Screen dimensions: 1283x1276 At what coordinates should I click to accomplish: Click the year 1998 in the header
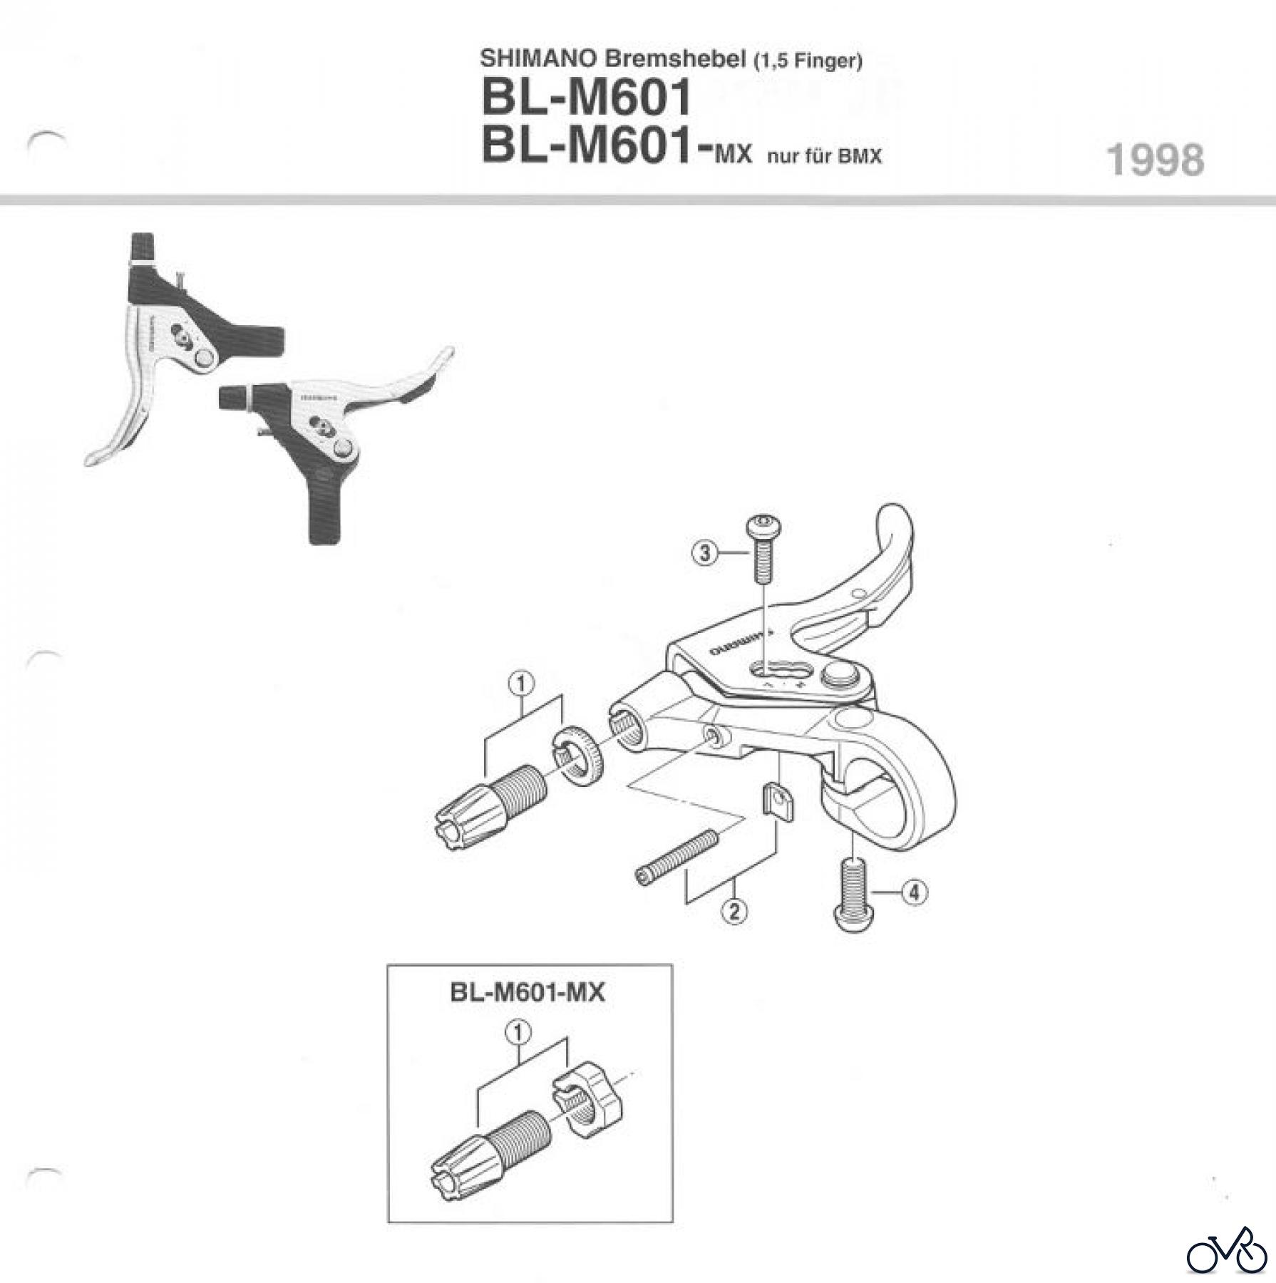click(x=1155, y=160)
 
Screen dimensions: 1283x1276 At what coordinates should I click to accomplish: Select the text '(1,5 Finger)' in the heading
click(x=807, y=61)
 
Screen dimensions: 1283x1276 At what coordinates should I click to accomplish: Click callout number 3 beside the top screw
click(x=705, y=553)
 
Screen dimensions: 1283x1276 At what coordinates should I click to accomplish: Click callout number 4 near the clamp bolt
click(x=915, y=892)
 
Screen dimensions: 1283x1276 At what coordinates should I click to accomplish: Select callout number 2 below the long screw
click(x=734, y=911)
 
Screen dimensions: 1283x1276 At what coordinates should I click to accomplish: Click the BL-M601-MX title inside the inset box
click(x=528, y=993)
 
